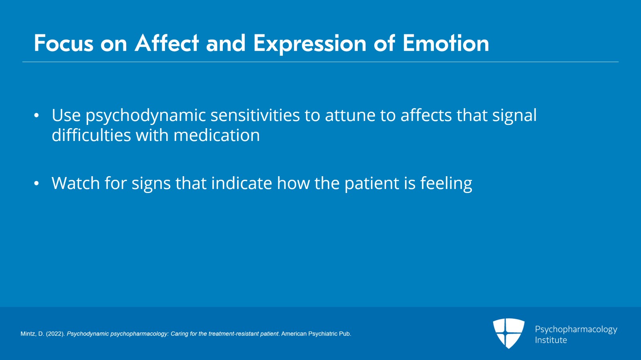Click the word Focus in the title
tap(63, 43)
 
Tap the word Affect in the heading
tap(167, 43)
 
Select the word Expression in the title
tap(310, 43)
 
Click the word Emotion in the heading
tap(445, 43)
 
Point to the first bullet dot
tap(36, 116)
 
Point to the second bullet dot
tap(36, 184)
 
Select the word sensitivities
tap(255, 115)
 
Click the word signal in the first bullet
tap(514, 116)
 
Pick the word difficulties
tap(91, 135)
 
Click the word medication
tap(216, 135)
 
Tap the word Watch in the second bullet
tap(75, 183)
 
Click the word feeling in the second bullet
tap(446, 184)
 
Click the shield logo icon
tap(508, 333)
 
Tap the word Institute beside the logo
tap(550, 340)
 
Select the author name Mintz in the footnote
tap(28, 334)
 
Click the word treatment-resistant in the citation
tap(233, 334)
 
